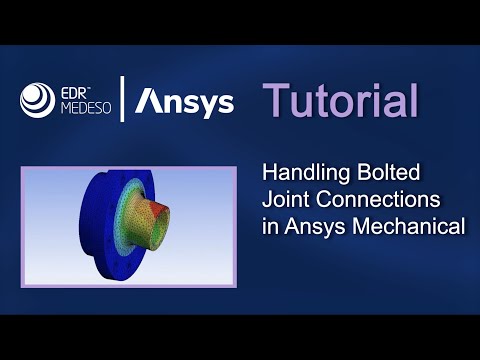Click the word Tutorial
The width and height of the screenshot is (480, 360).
click(340, 101)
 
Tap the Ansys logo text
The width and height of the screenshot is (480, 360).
click(185, 102)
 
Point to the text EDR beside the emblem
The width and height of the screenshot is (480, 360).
click(77, 90)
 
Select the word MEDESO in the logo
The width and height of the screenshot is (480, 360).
click(84, 108)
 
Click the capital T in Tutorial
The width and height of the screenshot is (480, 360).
click(274, 101)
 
